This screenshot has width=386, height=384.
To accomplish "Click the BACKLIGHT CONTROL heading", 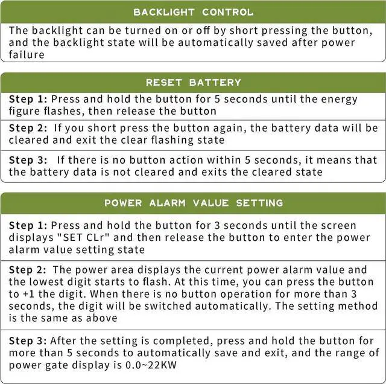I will [x=193, y=12].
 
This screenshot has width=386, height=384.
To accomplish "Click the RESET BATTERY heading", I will [x=193, y=82].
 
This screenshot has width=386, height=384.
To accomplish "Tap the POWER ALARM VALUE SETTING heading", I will [x=193, y=203].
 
